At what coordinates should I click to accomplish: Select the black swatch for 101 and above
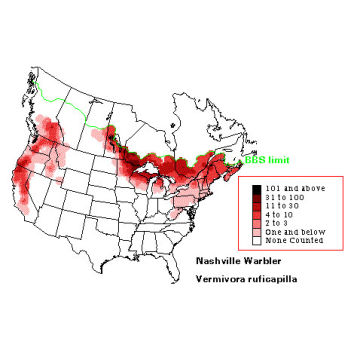(256, 187)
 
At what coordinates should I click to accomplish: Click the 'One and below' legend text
(294, 230)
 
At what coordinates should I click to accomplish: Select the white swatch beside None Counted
(256, 239)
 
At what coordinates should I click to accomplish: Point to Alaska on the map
(40, 60)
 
